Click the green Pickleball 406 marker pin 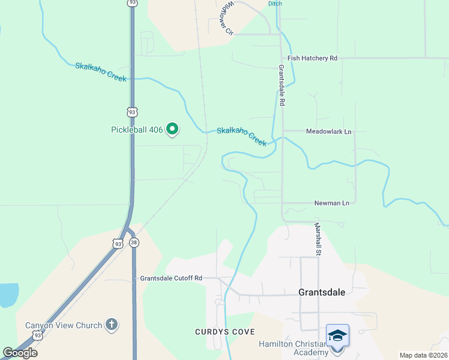pyautogui.click(x=172, y=129)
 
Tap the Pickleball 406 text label pyautogui.click(x=137, y=130)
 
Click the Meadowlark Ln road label pyautogui.click(x=328, y=131)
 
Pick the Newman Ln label pyautogui.click(x=331, y=203)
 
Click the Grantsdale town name pyautogui.click(x=322, y=292)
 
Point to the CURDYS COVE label pyautogui.click(x=224, y=332)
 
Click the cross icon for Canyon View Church pyautogui.click(x=111, y=325)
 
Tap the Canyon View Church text pyautogui.click(x=64, y=326)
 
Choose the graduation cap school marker pyautogui.click(x=337, y=334)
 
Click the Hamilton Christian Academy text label pyautogui.click(x=294, y=348)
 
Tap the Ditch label pyautogui.click(x=275, y=4)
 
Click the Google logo pyautogui.click(x=20, y=352)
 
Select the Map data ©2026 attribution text pyautogui.click(x=423, y=355)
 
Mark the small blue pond pyautogui.click(x=7, y=294)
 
